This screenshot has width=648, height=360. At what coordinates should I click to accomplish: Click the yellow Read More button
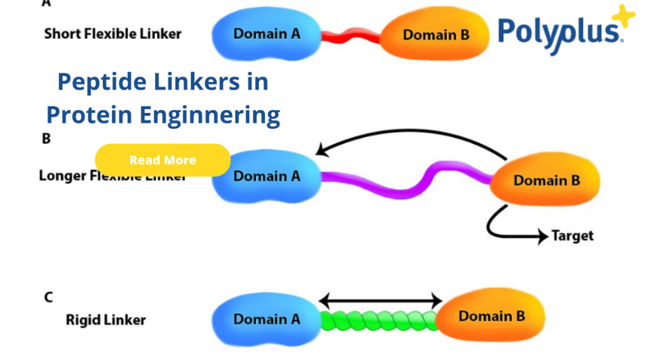pos(163,160)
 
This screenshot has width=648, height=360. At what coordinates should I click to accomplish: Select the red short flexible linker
pos(351,36)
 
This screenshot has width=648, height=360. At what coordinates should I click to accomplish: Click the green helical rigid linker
pos(379,321)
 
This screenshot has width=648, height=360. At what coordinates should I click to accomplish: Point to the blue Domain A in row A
pos(267,34)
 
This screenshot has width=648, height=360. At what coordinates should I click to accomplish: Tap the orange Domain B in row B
pos(546,181)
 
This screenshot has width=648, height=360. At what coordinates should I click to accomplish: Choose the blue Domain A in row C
pos(267,319)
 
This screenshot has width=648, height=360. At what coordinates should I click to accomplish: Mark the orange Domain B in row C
pos(492,316)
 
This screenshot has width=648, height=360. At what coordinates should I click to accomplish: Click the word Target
pos(573,235)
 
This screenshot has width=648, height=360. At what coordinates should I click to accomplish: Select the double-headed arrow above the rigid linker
pos(380,300)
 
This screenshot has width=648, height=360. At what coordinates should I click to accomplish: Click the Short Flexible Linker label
pos(113,33)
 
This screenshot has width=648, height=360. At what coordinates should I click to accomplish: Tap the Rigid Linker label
pos(106,320)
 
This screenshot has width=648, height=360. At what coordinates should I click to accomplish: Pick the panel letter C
pos(48,297)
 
